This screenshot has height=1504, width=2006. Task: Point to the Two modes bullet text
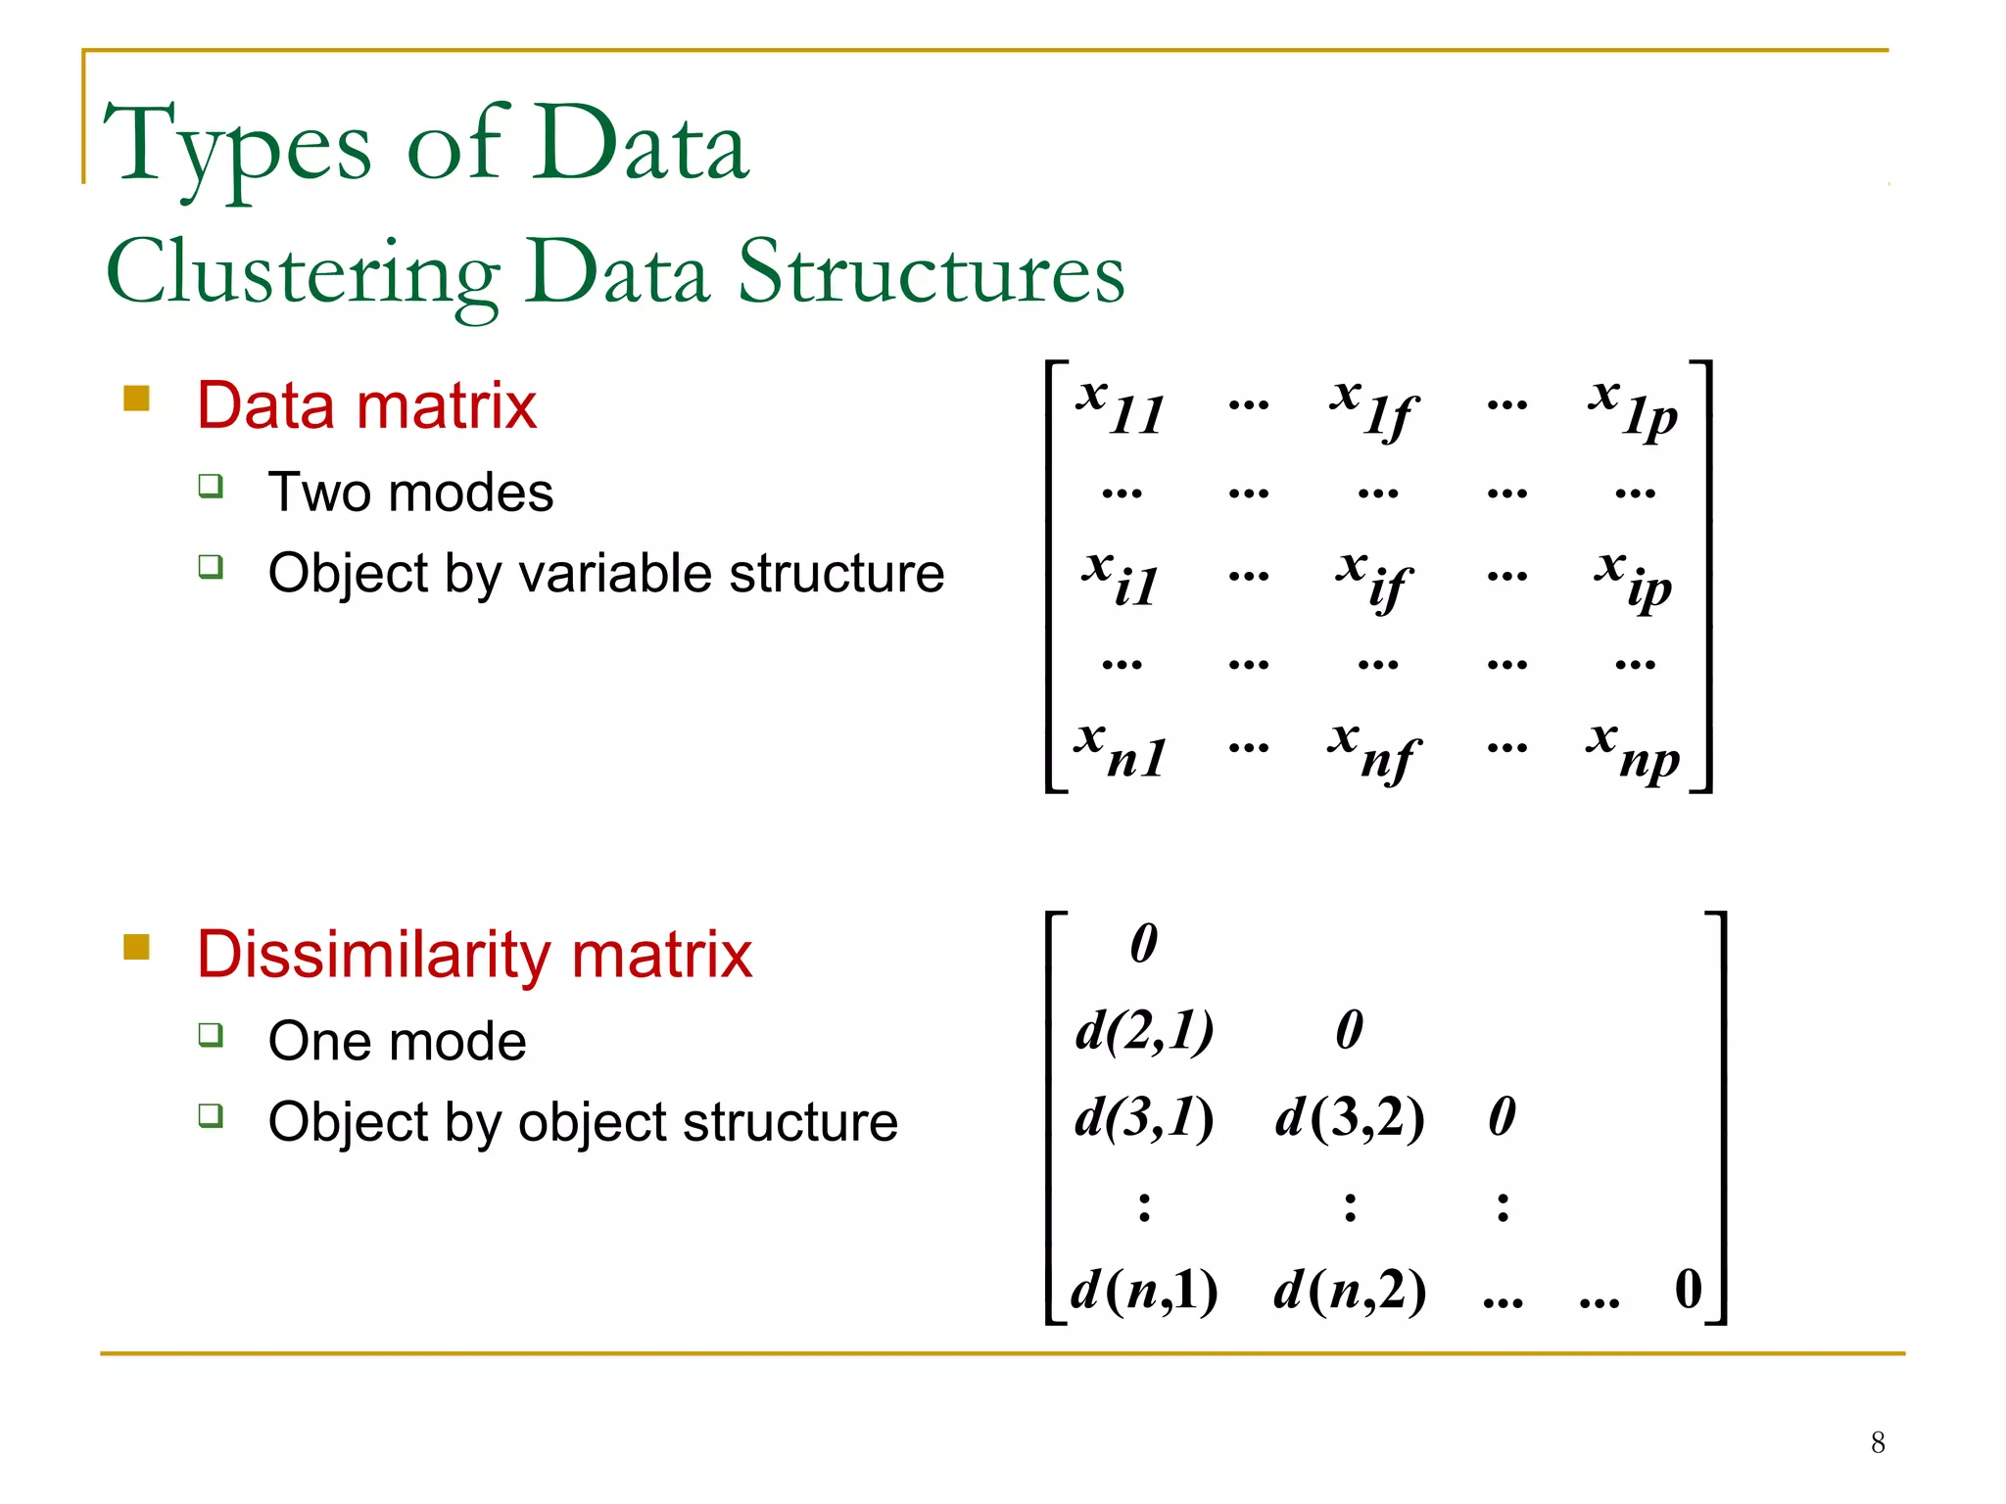tap(410, 492)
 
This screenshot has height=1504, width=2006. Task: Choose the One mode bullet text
tap(397, 1040)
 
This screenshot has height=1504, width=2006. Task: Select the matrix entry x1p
tap(1633, 407)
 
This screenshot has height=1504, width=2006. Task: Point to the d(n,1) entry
tap(1143, 1290)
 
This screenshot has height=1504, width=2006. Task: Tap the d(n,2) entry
tap(1349, 1290)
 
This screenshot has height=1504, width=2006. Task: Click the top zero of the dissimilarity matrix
tap(1143, 943)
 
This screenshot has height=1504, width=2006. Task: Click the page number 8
tap(1877, 1442)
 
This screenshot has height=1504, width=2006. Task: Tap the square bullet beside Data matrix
tap(137, 399)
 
